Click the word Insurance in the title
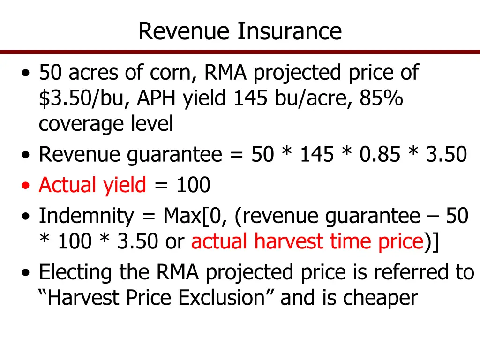pyautogui.click(x=289, y=31)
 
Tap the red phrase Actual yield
pyautogui.click(x=92, y=185)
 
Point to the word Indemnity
pyautogui.click(x=86, y=216)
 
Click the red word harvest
pyautogui.click(x=283, y=241)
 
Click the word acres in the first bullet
pyautogui.click(x=96, y=73)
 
